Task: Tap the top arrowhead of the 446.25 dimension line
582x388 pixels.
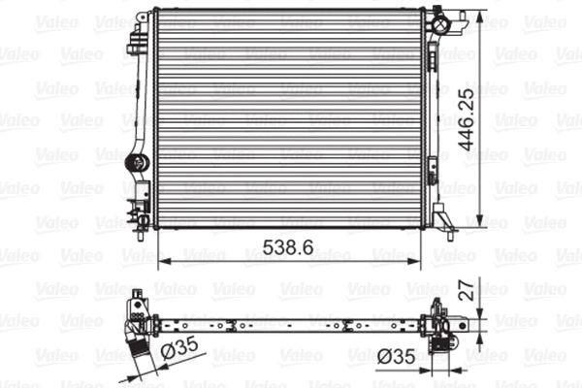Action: pos(482,13)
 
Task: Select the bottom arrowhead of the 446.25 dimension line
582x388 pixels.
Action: pos(482,222)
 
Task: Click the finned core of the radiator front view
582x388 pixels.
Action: pos(286,116)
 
